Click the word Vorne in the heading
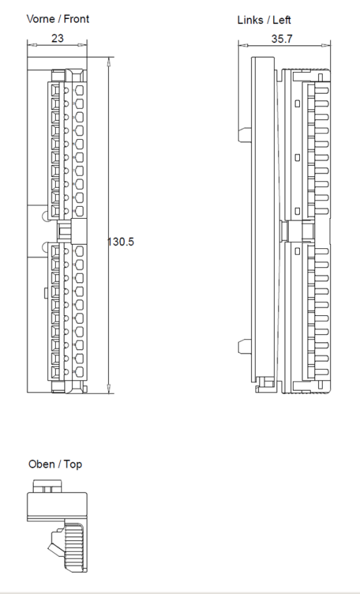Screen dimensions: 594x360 pyautogui.click(x=41, y=19)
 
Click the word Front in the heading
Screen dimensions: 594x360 pyautogui.click(x=77, y=19)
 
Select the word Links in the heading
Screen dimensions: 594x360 pyautogui.click(x=251, y=20)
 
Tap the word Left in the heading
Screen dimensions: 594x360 pyautogui.click(x=281, y=20)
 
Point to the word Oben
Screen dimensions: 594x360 pyautogui.click(x=41, y=464)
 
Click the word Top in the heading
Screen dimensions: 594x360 pyautogui.click(x=73, y=464)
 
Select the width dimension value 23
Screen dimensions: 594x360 pyautogui.click(x=57, y=38)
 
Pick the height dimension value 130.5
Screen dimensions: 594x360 pyautogui.click(x=121, y=242)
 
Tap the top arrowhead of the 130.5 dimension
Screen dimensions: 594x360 pyautogui.click(x=108, y=61)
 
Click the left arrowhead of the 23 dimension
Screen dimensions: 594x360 pyautogui.click(x=30, y=45)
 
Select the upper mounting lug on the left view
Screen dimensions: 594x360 pyautogui.click(x=244, y=133)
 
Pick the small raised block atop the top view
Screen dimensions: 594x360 pyautogui.click(x=47, y=487)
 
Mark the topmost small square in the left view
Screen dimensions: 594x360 pyautogui.click(x=297, y=104)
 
